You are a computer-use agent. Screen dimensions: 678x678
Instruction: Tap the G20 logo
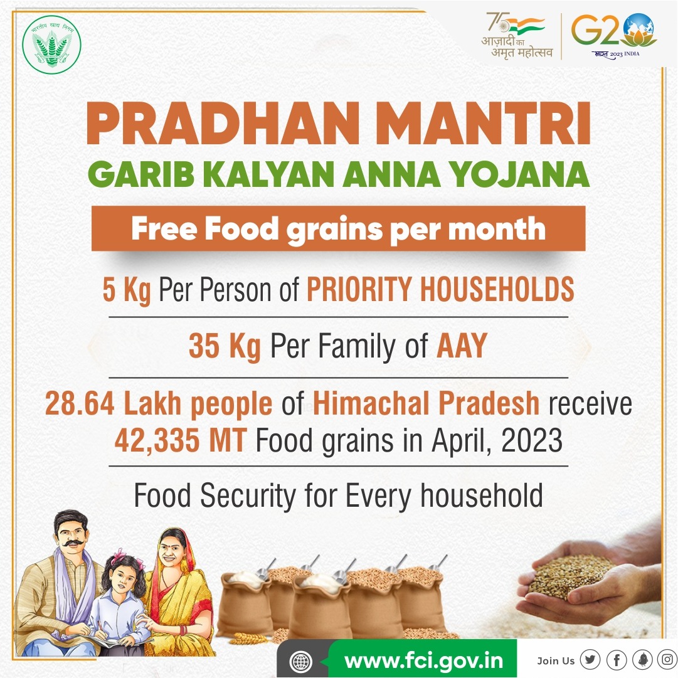(x=614, y=34)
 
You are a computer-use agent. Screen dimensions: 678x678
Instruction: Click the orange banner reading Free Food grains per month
(x=338, y=229)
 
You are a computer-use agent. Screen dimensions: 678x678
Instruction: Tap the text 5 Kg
(x=127, y=290)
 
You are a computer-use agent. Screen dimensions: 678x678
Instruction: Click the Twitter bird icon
(x=590, y=660)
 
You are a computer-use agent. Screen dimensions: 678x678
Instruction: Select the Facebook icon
(x=617, y=660)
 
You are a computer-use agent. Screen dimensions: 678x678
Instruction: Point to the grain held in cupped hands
(x=569, y=576)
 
